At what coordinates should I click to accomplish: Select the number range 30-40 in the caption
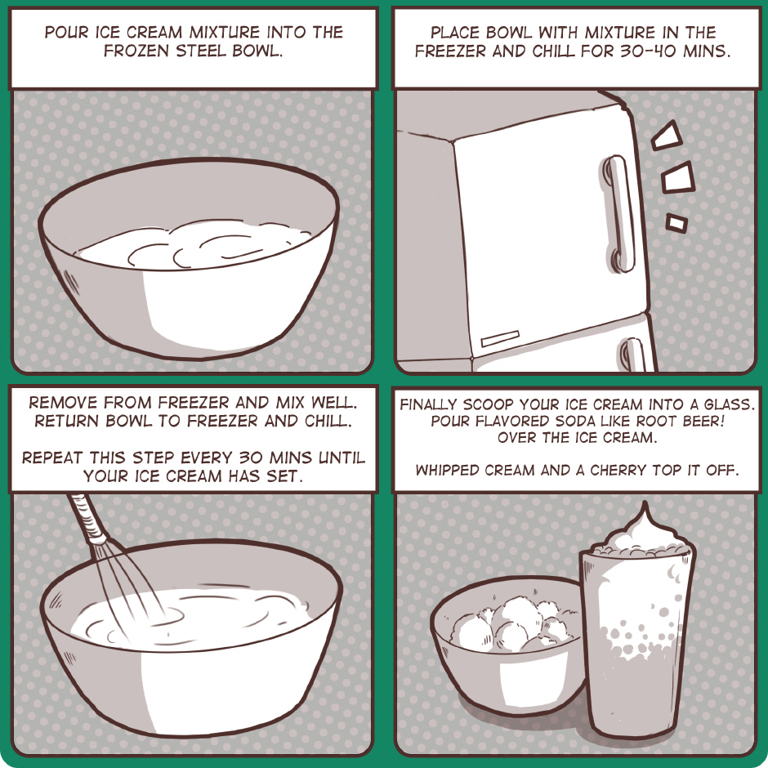point(648,51)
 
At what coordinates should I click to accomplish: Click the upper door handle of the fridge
point(619,213)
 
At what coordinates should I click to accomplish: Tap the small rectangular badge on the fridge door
point(499,338)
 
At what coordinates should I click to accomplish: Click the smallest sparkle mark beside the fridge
point(676,223)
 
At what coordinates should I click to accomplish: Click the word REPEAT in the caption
point(52,458)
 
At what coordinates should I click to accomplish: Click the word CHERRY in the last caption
point(619,471)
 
